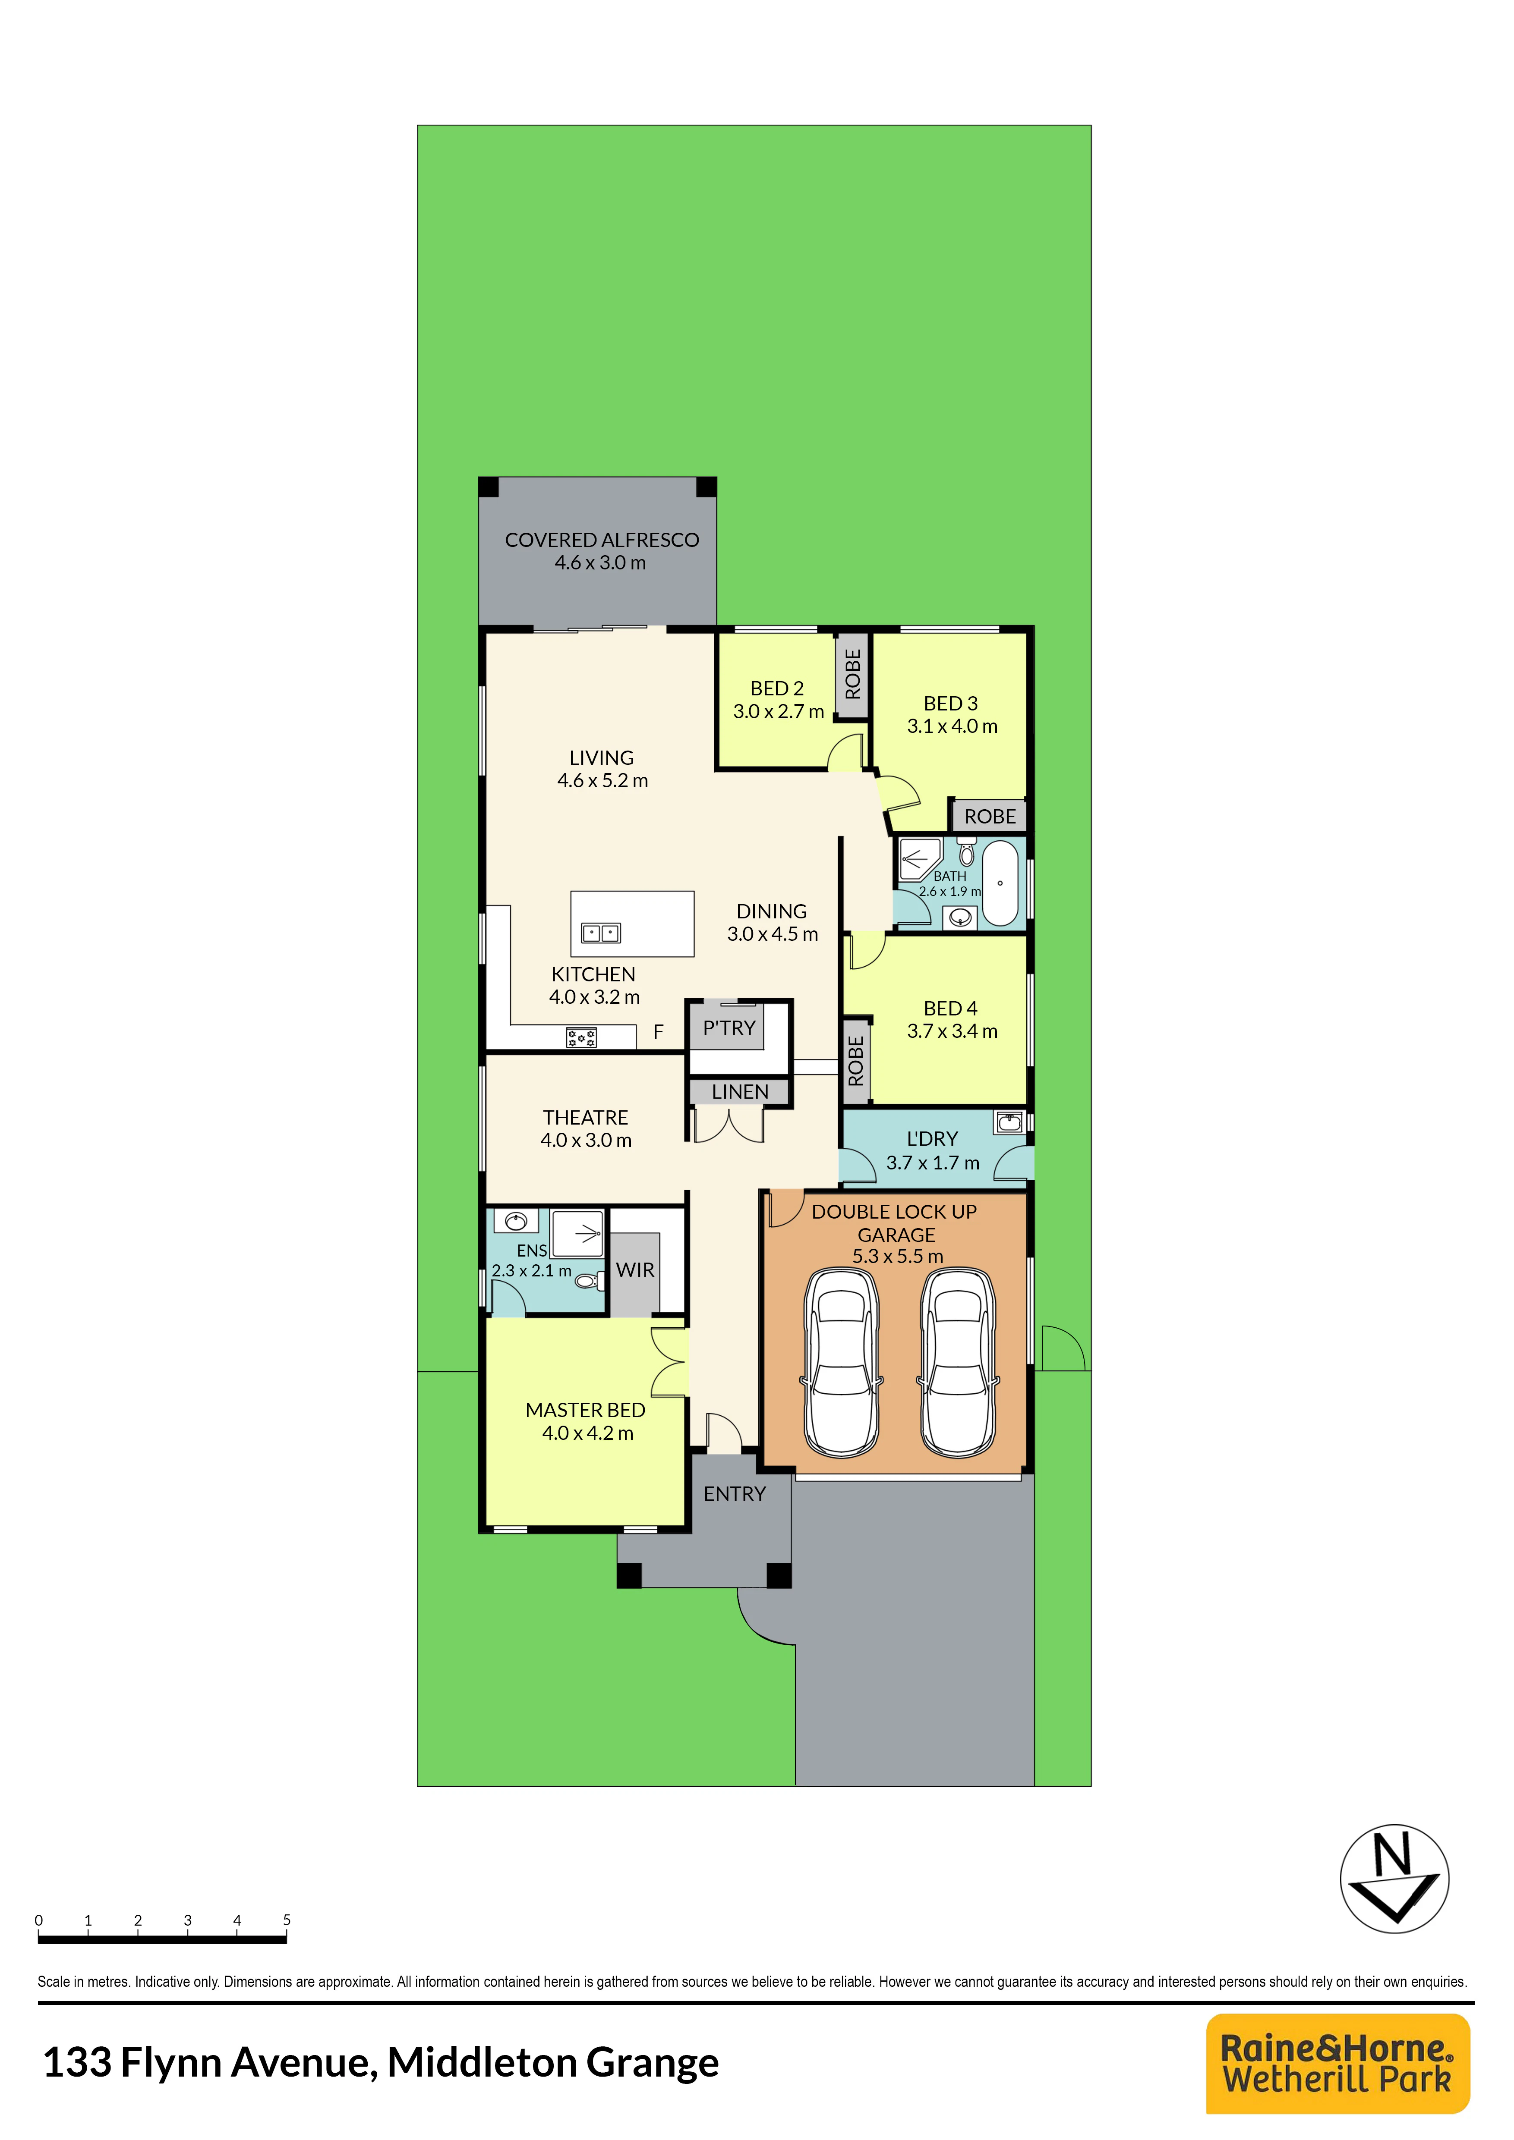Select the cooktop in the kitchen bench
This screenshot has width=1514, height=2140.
(x=582, y=1037)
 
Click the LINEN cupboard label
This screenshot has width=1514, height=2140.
(x=740, y=1091)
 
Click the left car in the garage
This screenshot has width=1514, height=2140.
(x=842, y=1362)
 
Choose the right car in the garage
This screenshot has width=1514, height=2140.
(x=959, y=1362)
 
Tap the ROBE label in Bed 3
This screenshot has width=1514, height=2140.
(x=990, y=817)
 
